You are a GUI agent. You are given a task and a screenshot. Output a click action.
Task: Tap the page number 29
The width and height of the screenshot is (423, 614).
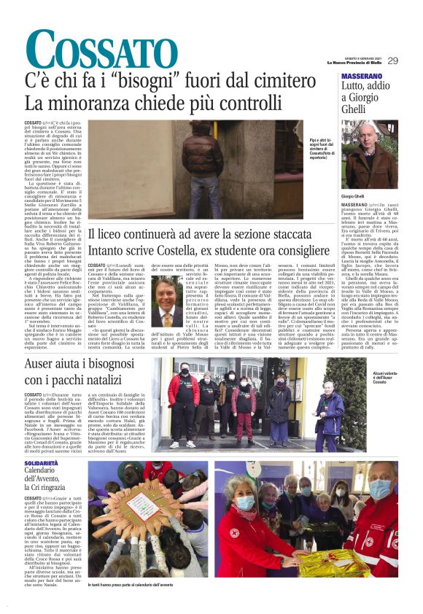(x=393, y=61)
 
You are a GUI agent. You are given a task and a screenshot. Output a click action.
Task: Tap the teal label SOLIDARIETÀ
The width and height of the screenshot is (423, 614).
(x=41, y=462)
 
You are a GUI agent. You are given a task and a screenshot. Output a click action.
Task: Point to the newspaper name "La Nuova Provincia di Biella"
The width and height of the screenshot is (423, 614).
(x=354, y=63)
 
